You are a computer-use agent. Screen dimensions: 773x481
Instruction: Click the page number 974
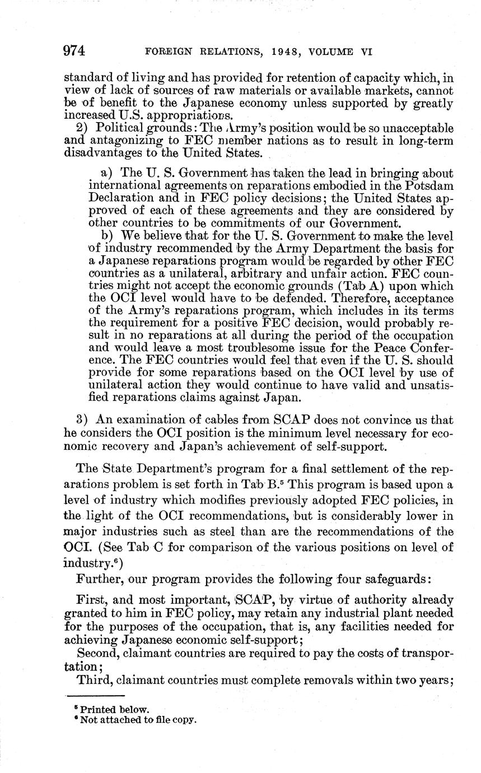(74, 51)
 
